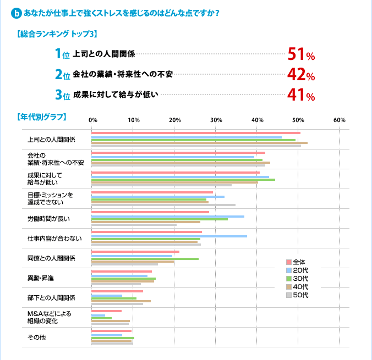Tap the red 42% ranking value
(300, 75)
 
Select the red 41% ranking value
(300, 95)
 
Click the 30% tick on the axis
(216, 120)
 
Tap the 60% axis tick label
(339, 120)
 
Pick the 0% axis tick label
(92, 120)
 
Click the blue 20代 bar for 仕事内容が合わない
(169, 236)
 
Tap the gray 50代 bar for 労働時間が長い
(134, 225)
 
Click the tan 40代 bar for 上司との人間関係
(199, 143)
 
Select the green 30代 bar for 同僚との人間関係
(145, 259)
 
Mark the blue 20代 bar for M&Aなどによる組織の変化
(98, 315)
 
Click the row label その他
(36, 337)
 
